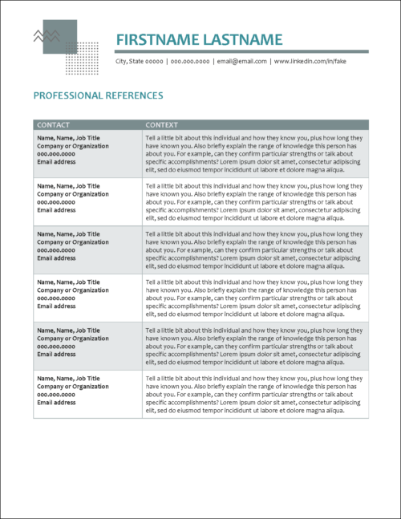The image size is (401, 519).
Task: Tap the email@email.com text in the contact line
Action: click(x=241, y=61)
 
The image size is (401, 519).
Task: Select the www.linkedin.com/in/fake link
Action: click(x=310, y=61)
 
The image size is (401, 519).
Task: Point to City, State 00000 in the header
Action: click(x=140, y=61)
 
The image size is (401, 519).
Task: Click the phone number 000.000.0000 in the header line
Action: click(x=190, y=61)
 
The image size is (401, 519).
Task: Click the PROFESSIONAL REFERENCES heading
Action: click(x=98, y=95)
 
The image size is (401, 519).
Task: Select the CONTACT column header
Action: click(x=54, y=125)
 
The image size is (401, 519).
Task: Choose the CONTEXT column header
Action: click(x=162, y=125)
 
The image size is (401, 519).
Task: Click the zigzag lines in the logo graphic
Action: click(x=45, y=36)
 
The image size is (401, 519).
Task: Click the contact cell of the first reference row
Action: click(x=87, y=153)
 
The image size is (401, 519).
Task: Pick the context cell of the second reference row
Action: click(x=255, y=201)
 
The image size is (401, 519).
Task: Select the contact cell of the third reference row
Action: click(x=87, y=249)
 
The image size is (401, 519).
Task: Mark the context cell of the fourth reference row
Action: click(x=255, y=298)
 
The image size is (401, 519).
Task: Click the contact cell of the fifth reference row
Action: click(x=87, y=346)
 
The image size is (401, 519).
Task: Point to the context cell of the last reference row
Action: click(x=255, y=394)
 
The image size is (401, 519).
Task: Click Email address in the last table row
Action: click(x=56, y=403)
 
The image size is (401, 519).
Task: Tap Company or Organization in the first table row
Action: click(x=73, y=146)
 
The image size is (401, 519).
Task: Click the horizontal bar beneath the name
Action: click(x=241, y=51)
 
